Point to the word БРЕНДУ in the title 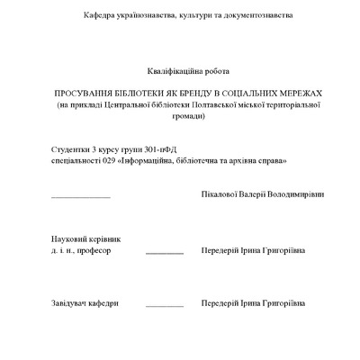[187, 94]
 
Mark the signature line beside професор [164, 254]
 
